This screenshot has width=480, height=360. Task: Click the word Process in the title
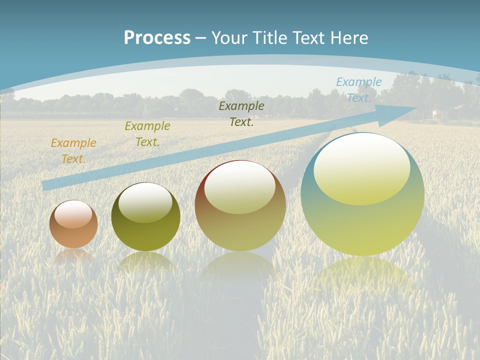click(x=157, y=38)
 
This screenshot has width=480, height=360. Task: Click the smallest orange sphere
click(x=73, y=224)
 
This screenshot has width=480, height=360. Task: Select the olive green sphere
click(x=145, y=217)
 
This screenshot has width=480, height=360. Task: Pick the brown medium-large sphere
click(x=240, y=205)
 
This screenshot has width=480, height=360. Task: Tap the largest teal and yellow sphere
click(x=362, y=194)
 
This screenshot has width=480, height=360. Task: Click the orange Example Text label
click(x=73, y=151)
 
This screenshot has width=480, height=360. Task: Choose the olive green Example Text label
click(x=147, y=134)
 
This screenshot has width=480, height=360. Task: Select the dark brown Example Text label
click(x=241, y=113)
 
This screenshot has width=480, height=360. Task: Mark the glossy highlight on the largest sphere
click(x=361, y=169)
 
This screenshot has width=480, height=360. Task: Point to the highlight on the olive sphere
click(x=145, y=202)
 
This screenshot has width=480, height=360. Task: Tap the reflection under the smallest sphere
click(x=73, y=256)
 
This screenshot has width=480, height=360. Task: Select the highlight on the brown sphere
click(x=240, y=187)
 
